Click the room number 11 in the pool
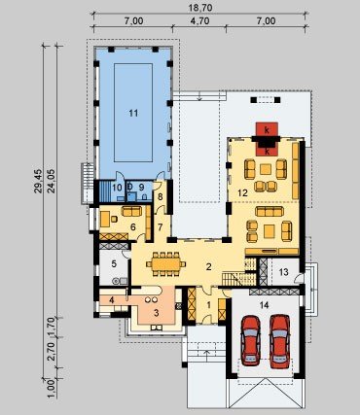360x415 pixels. [x=133, y=113]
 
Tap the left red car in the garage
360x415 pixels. [x=250, y=340]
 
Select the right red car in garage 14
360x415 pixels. [x=280, y=340]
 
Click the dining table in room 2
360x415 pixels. [x=165, y=263]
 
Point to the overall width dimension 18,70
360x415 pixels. [x=200, y=8]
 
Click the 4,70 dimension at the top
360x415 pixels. [x=200, y=21]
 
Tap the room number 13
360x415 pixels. [x=283, y=272]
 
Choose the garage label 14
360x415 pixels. [x=265, y=304]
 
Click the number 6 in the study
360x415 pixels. [x=132, y=227]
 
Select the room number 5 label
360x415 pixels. [x=114, y=263]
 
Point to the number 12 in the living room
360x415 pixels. [x=242, y=193]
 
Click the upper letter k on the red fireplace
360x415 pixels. [x=267, y=130]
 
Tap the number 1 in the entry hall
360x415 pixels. [x=208, y=304]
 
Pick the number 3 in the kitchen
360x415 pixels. [x=156, y=313]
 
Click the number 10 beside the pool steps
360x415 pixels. [x=117, y=187]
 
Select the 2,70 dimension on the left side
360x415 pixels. [x=52, y=353]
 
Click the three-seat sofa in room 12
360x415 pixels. [x=270, y=211]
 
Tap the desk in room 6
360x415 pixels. [x=104, y=219]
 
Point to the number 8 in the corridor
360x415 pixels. [x=161, y=196]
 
